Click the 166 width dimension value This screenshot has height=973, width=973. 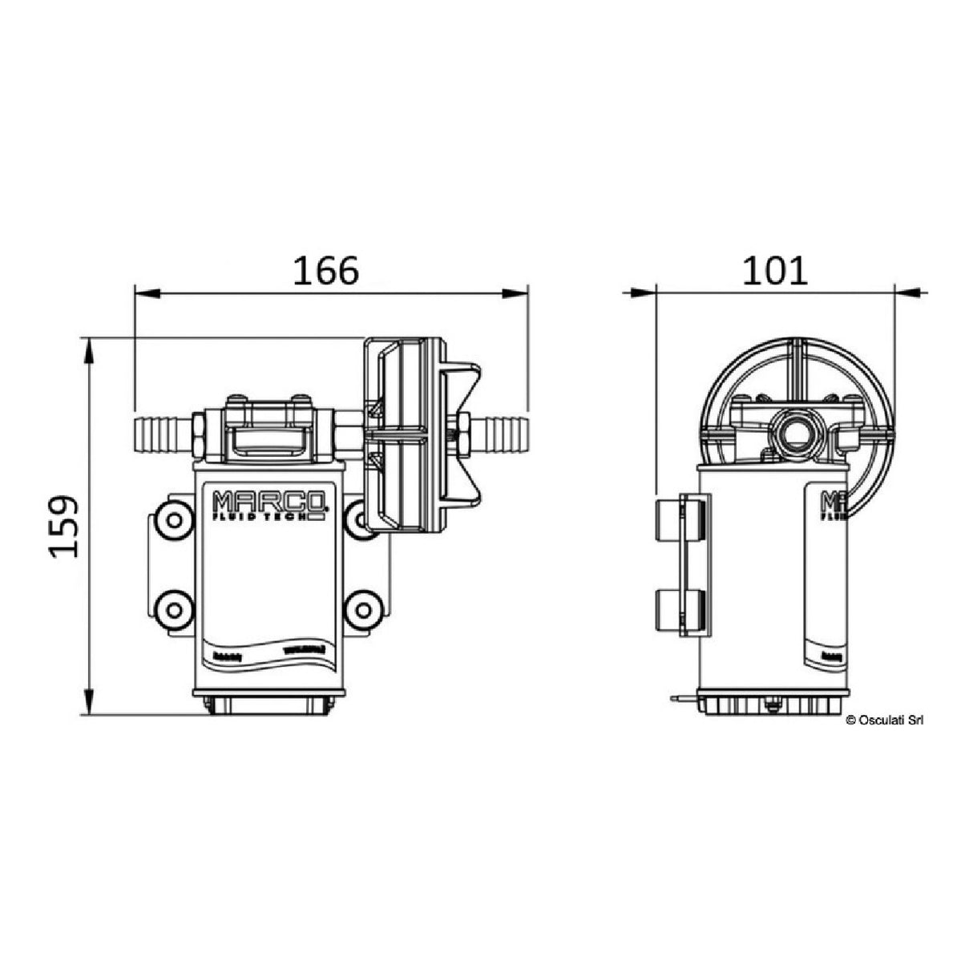(x=325, y=272)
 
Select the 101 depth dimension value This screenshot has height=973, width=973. (x=774, y=272)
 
